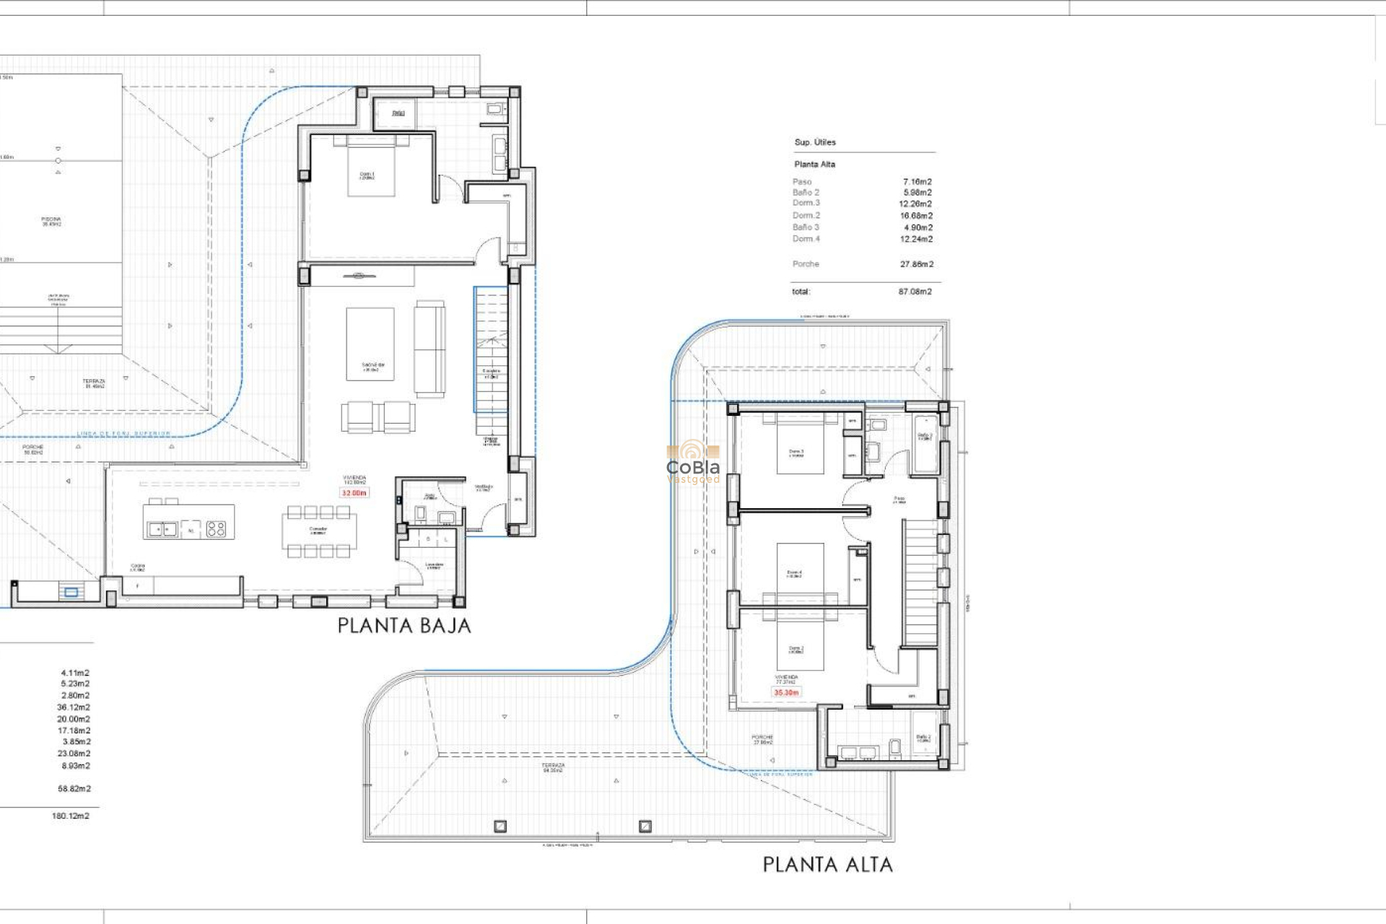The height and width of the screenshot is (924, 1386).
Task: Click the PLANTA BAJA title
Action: [x=404, y=626]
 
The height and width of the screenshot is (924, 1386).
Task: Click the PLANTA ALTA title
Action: [x=827, y=864]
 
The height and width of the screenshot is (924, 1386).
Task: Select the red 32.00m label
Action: [x=354, y=493]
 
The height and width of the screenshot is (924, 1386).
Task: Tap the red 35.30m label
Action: [x=786, y=692]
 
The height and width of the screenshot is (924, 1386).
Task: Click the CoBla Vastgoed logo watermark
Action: [x=693, y=463]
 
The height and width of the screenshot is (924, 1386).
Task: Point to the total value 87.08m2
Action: [x=915, y=292]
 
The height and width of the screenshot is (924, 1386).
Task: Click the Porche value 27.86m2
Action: [x=916, y=264]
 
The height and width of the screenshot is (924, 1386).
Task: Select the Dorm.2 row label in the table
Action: [x=806, y=215]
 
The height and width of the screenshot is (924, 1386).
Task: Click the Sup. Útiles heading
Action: [x=815, y=142]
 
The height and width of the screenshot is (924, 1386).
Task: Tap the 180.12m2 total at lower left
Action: [x=71, y=816]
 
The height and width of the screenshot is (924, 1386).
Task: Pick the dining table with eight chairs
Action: [x=318, y=532]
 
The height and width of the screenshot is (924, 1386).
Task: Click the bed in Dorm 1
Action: [x=371, y=167]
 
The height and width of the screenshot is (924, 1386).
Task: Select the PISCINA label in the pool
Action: [x=51, y=221]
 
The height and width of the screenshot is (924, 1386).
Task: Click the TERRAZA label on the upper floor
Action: [x=553, y=767]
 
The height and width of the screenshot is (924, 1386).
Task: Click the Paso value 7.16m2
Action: [x=917, y=182]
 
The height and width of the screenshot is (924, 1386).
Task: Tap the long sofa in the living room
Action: [x=430, y=349]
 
